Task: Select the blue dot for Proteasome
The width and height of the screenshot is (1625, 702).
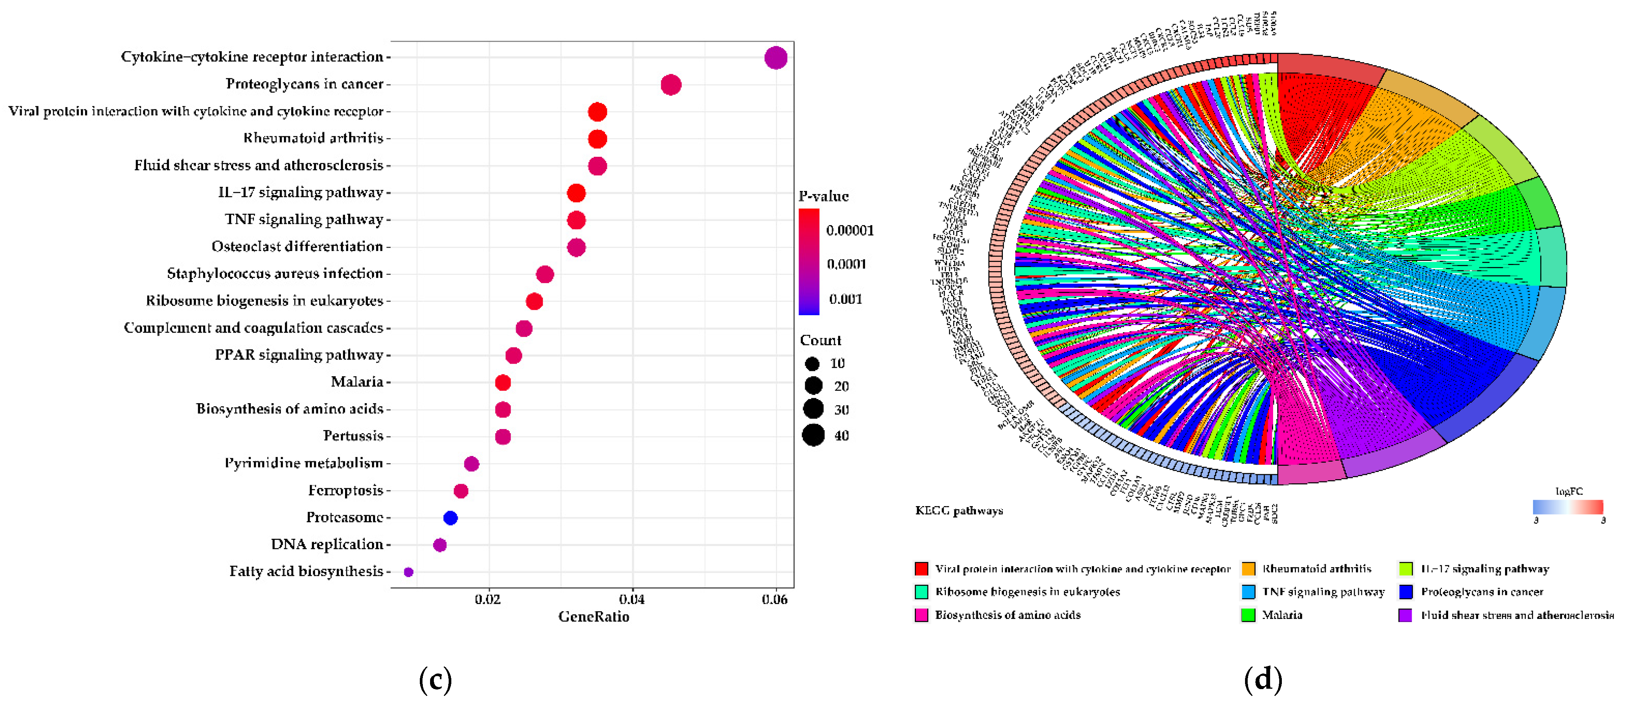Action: pyautogui.click(x=451, y=518)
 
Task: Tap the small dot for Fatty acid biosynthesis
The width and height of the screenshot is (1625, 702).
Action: pyautogui.click(x=408, y=572)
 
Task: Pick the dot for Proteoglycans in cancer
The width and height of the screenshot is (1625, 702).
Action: pyautogui.click(x=671, y=85)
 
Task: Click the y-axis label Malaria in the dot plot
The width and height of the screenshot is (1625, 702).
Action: pyautogui.click(x=357, y=382)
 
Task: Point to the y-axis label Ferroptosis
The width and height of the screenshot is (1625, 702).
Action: pyautogui.click(x=346, y=490)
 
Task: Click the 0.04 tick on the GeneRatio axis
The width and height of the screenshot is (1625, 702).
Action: pyautogui.click(x=632, y=599)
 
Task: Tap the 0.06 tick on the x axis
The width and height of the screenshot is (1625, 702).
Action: pyautogui.click(x=775, y=599)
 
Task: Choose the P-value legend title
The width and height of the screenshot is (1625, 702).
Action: pyautogui.click(x=823, y=196)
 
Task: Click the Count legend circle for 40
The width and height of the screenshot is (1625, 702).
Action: pyautogui.click(x=813, y=435)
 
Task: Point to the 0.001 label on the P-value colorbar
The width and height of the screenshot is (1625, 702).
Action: pyautogui.click(x=845, y=299)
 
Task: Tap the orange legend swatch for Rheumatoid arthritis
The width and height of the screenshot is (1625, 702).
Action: pyautogui.click(x=1248, y=569)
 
